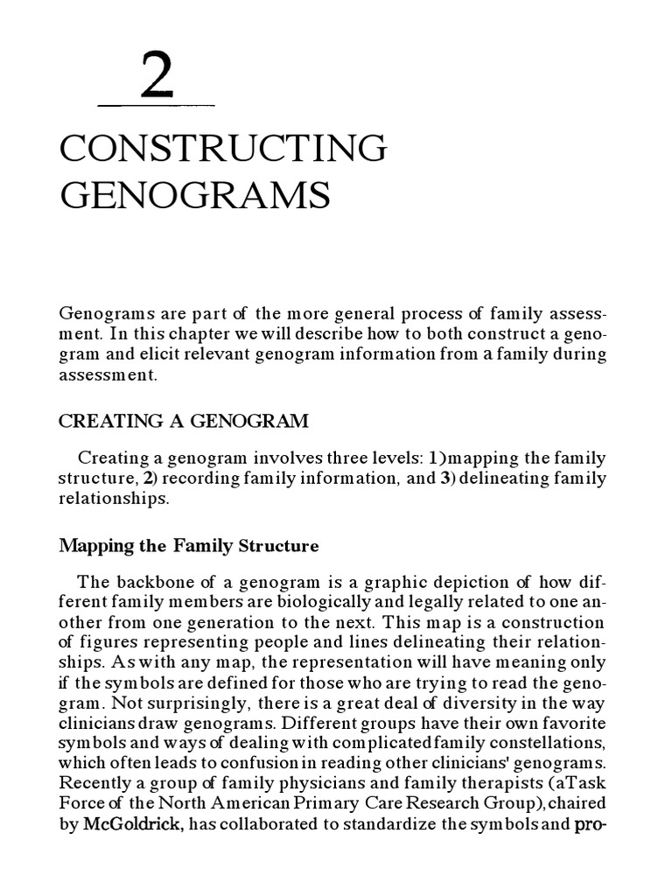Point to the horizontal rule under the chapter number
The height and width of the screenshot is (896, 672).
coord(156,106)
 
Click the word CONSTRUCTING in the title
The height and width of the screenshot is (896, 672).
coord(222,148)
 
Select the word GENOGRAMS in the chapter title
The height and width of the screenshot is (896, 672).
coord(194,194)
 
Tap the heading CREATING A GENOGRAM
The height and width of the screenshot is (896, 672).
coord(183,421)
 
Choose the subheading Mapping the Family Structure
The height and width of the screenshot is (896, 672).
coord(188,546)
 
